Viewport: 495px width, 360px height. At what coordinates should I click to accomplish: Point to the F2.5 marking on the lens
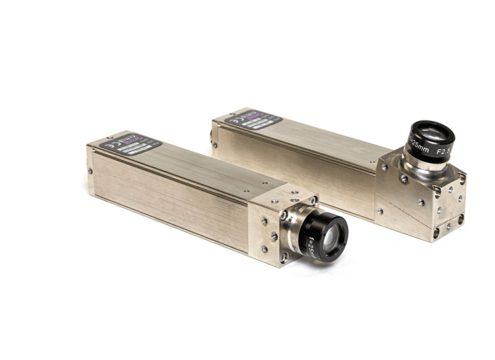click(445, 153)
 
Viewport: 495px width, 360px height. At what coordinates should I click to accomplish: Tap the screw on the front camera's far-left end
click(90, 171)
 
